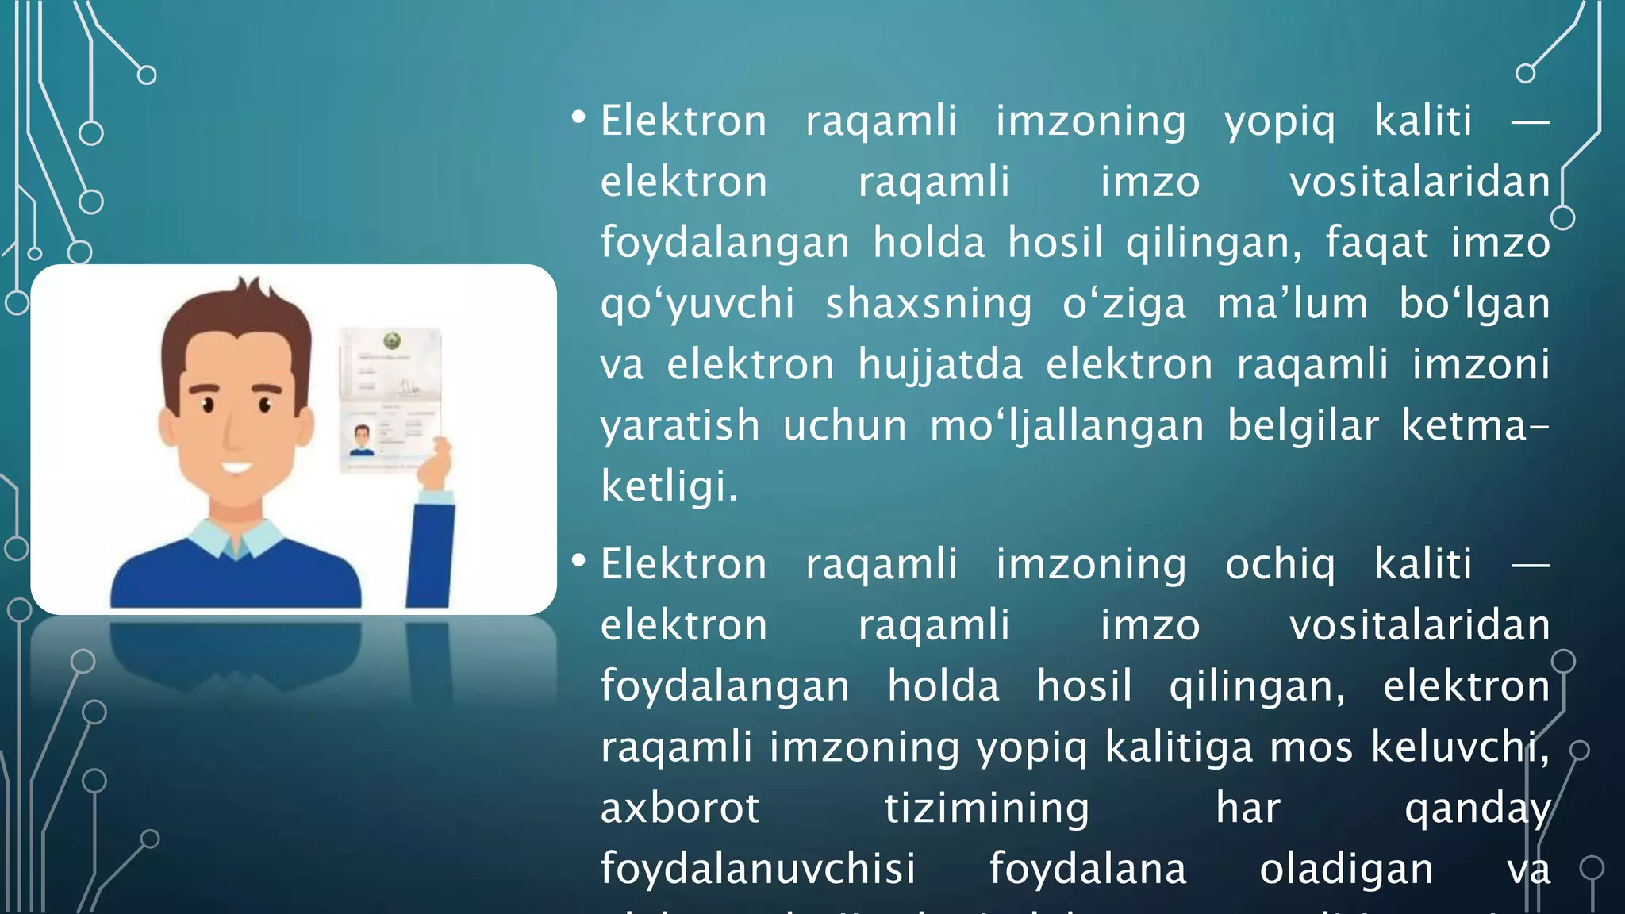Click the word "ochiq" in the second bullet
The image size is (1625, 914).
pos(1280,565)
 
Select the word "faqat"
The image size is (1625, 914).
pos(1377,243)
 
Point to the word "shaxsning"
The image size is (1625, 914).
pos(928,304)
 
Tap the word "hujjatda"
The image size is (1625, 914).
pos(940,365)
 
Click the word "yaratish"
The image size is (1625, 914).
pos(680,426)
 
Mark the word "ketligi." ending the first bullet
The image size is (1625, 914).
pos(669,486)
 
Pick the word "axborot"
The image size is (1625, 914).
pos(680,808)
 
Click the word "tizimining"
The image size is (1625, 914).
pos(987,808)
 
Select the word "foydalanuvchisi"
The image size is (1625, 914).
pos(758,869)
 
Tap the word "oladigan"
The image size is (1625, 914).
pos(1346,869)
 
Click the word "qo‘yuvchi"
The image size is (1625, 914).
pos(697,304)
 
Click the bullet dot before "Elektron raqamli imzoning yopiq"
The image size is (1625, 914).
pos(578,119)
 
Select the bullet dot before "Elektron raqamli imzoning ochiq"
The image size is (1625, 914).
pos(578,562)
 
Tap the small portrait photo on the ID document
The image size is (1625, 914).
pos(362,440)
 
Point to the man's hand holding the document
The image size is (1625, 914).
pos(435,465)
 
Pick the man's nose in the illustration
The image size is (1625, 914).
pos(232,432)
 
